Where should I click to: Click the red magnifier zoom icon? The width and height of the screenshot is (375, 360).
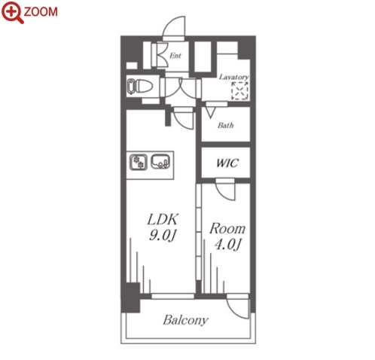click(12, 12)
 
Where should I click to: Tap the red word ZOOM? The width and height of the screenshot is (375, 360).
click(41, 12)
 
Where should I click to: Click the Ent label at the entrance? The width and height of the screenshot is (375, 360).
click(175, 56)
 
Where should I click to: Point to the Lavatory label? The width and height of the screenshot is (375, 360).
click(233, 77)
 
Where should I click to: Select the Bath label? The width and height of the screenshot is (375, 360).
click(226, 125)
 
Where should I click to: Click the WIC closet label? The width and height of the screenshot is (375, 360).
click(227, 163)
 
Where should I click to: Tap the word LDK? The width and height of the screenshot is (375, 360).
click(163, 219)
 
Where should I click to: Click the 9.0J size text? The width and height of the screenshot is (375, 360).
click(162, 235)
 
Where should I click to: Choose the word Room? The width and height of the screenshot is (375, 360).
click(227, 229)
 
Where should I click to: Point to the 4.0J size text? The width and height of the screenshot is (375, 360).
click(228, 244)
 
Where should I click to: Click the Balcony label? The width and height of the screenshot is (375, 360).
click(186, 320)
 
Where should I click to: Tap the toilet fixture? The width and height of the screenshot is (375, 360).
click(140, 87)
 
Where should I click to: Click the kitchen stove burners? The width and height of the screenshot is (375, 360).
click(139, 162)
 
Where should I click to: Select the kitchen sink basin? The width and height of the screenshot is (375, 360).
click(160, 161)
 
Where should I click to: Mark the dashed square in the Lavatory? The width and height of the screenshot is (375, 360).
click(239, 90)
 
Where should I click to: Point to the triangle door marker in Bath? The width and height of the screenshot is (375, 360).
click(210, 112)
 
